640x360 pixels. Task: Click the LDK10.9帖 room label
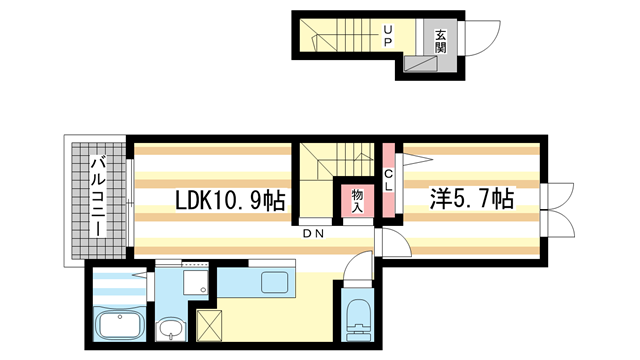[x=230, y=200]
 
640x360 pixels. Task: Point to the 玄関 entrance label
[x=441, y=39]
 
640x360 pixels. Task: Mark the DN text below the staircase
[x=314, y=233]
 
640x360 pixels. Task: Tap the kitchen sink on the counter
[x=273, y=283]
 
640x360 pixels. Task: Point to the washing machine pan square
[x=195, y=281]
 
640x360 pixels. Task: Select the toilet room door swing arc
[x=356, y=269]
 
